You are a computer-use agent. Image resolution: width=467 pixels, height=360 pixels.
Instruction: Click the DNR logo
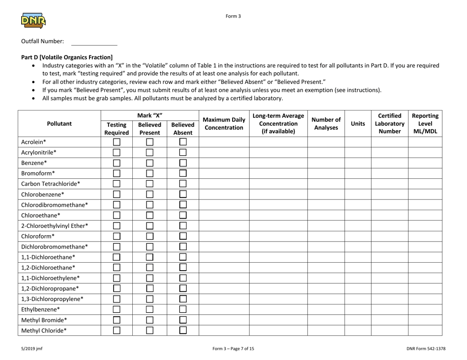point(33,20)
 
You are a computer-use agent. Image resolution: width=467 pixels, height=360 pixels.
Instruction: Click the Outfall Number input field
point(94,41)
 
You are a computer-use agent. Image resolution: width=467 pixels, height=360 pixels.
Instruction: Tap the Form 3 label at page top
point(233,15)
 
